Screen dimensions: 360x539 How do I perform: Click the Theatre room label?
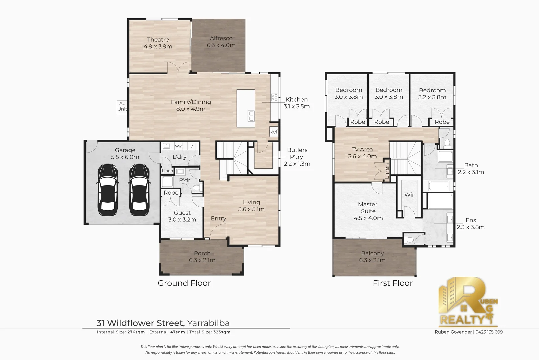[158, 40]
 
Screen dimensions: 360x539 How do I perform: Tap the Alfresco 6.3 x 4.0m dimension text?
[221, 45]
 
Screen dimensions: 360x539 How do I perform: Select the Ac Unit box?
[122, 107]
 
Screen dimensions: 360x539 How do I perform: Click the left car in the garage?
[107, 191]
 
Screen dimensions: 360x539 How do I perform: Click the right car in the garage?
[139, 191]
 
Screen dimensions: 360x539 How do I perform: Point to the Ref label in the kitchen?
[273, 132]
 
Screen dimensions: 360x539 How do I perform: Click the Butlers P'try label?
[297, 154]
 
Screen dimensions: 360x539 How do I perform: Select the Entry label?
[218, 219]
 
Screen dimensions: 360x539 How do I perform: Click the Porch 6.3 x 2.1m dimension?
[202, 260]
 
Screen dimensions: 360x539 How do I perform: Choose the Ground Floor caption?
[184, 283]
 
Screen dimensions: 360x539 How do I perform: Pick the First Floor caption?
[393, 283]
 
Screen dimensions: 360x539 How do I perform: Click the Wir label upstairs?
[409, 195]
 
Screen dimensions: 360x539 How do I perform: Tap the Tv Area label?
[362, 150]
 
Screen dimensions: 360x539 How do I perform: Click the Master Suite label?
[368, 208]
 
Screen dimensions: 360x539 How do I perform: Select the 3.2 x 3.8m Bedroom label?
[432, 94]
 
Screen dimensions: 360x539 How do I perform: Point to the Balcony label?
[372, 253]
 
